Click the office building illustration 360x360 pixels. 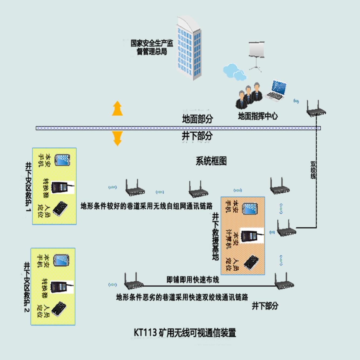pyautogui.click(x=189, y=49)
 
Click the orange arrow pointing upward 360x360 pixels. pyautogui.click(x=117, y=109)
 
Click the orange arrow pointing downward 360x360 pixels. pyautogui.click(x=117, y=138)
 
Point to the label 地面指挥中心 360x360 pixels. pyautogui.click(x=258, y=116)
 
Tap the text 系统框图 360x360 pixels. pyautogui.click(x=211, y=161)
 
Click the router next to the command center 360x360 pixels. pyautogui.click(x=316, y=109)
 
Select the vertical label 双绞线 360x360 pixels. pyautogui.click(x=313, y=170)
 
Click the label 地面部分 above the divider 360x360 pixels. pyautogui.click(x=197, y=119)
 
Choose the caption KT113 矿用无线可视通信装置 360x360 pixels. pyautogui.click(x=185, y=333)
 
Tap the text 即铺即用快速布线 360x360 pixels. pyautogui.click(x=193, y=280)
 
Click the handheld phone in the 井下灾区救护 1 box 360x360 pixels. pyautogui.click(x=62, y=160)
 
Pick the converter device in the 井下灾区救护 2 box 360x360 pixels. pyautogui.click(x=62, y=287)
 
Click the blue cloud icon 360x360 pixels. pyautogui.click(x=234, y=72)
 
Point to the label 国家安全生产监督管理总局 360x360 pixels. pyautogui.click(x=152, y=47)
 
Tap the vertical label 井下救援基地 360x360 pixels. pyautogui.click(x=215, y=236)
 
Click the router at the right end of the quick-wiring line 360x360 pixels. pyautogui.click(x=284, y=282)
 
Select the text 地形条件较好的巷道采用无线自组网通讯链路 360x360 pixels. pyautogui.click(x=146, y=206)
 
